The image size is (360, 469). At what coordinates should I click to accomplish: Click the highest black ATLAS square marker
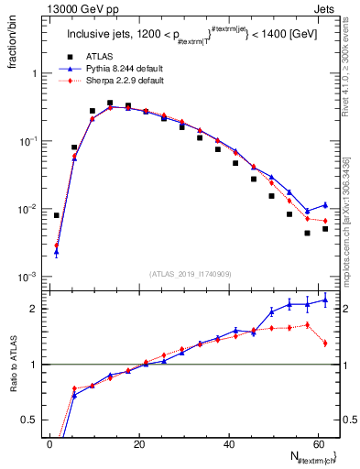click(110, 104)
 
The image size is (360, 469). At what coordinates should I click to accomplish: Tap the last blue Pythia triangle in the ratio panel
click(325, 300)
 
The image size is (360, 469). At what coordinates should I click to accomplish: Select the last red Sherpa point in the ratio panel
click(325, 344)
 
